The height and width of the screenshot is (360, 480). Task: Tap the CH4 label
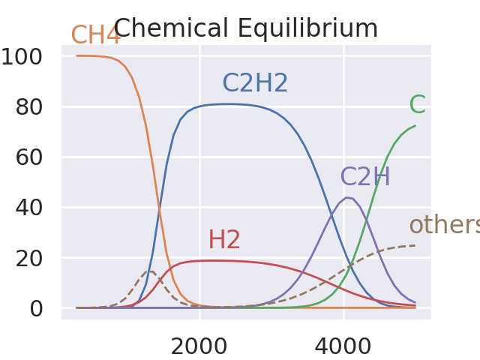(x=95, y=35)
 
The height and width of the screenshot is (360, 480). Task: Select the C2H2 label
(x=255, y=83)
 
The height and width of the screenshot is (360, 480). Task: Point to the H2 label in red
(x=224, y=240)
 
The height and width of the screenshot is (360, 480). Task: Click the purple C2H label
(x=365, y=177)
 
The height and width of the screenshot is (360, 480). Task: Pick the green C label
(x=417, y=106)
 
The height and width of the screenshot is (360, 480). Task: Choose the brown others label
(x=444, y=225)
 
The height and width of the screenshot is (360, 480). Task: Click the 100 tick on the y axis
(x=31, y=56)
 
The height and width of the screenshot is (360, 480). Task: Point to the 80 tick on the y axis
(x=37, y=106)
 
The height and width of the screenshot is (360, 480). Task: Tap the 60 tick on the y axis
(x=37, y=157)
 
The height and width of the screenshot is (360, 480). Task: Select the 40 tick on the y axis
(x=37, y=207)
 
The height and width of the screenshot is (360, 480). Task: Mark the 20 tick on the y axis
(x=37, y=257)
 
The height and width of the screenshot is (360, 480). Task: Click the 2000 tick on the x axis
(x=199, y=346)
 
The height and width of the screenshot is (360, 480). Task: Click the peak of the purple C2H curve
(x=346, y=197)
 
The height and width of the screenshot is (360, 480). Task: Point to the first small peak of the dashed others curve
(x=150, y=271)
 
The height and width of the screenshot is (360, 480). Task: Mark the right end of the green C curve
(x=415, y=126)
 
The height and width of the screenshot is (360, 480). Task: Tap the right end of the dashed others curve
(x=415, y=245)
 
